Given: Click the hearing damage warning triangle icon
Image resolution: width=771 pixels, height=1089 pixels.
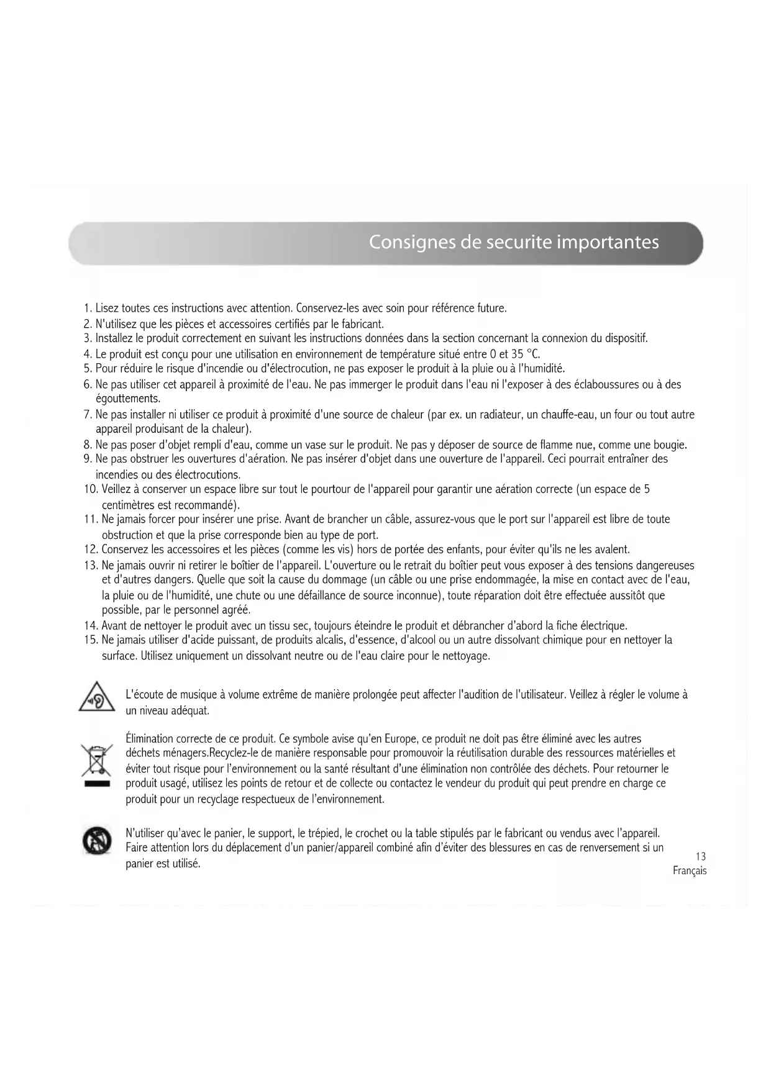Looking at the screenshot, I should (x=97, y=697).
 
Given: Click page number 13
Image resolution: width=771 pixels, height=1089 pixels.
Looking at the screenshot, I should (x=701, y=857).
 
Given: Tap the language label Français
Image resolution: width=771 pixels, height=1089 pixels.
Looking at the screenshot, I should (x=690, y=871).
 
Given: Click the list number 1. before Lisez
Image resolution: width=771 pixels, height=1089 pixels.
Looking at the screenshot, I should (x=88, y=309).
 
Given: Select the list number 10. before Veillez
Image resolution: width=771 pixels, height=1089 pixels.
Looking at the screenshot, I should (x=91, y=489).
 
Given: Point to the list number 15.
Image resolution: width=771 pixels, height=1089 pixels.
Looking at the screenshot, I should (x=91, y=640).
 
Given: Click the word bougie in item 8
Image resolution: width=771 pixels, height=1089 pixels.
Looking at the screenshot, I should (x=668, y=445).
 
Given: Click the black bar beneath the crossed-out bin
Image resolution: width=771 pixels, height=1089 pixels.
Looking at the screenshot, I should (x=97, y=785).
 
